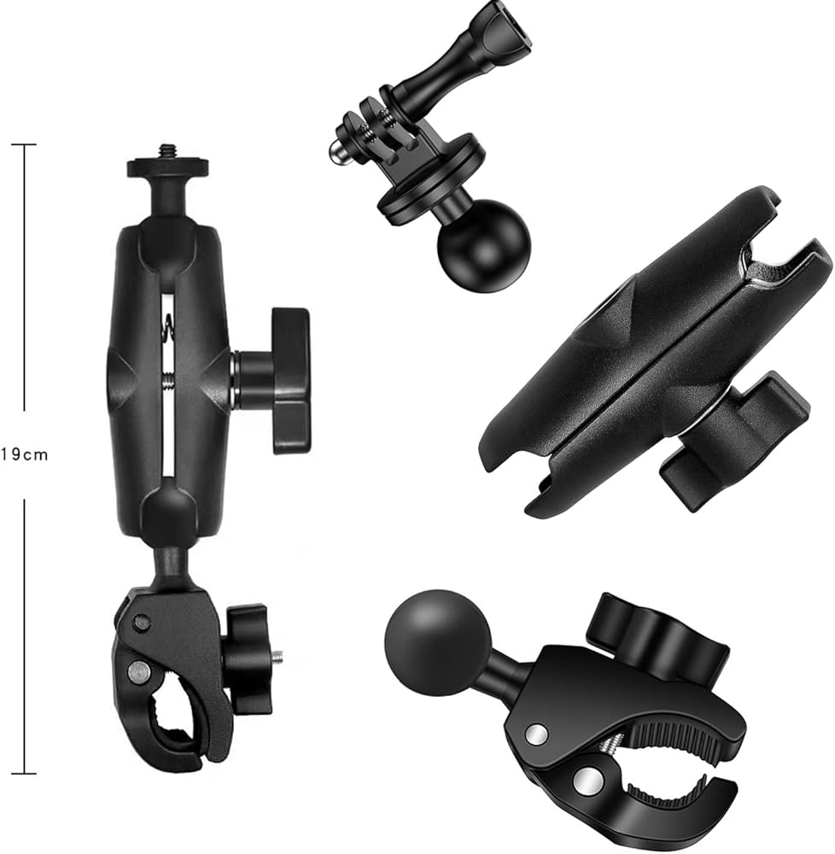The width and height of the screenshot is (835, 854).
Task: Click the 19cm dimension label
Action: click(24, 454)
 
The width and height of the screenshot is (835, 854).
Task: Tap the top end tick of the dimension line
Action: click(24, 144)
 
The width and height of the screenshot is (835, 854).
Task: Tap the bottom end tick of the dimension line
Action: click(24, 773)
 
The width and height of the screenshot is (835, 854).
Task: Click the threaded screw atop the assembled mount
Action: click(165, 150)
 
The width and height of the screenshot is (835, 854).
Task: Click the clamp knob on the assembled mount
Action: click(248, 658)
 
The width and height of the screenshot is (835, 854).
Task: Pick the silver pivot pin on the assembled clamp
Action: click(138, 671)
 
